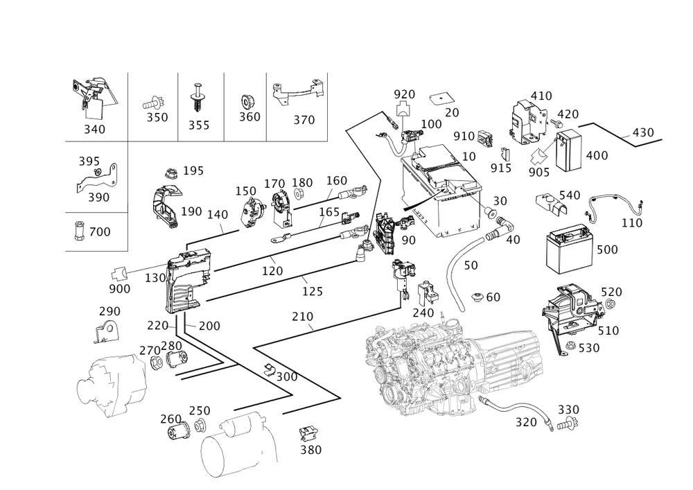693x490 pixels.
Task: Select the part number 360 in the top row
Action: pos(249,116)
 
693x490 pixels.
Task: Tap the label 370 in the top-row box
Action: pos(304,119)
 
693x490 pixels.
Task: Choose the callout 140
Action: pos(218,215)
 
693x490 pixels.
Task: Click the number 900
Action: pos(119,288)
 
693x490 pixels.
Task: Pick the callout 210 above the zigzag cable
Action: pos(302,317)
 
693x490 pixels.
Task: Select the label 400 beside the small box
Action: pos(596,155)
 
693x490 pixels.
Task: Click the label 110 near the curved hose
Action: pos(631,223)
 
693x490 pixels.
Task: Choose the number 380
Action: pos(311,449)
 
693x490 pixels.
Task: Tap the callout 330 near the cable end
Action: pos(568,409)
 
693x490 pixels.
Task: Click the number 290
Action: pos(109,311)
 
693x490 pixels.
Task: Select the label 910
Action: pos(464,135)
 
